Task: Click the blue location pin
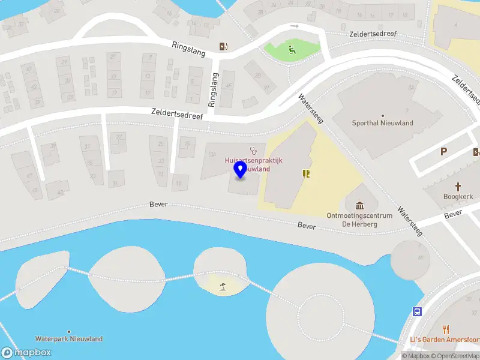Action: click(x=241, y=170)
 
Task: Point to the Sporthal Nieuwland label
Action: click(x=382, y=123)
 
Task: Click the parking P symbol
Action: click(x=443, y=152)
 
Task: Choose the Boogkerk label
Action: click(x=458, y=196)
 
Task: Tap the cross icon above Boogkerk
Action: click(x=458, y=187)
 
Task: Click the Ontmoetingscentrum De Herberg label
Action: click(x=360, y=220)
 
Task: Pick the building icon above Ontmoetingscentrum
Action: click(x=359, y=206)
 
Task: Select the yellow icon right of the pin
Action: click(x=306, y=173)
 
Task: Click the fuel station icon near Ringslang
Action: click(x=223, y=47)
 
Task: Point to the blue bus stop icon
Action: click(x=416, y=311)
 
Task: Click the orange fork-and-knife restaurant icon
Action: click(x=445, y=329)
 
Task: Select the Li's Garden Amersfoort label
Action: click(x=445, y=340)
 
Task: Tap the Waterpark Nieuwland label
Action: click(x=68, y=339)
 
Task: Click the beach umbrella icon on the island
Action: click(x=223, y=287)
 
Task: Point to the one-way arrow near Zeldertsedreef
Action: click(x=294, y=26)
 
